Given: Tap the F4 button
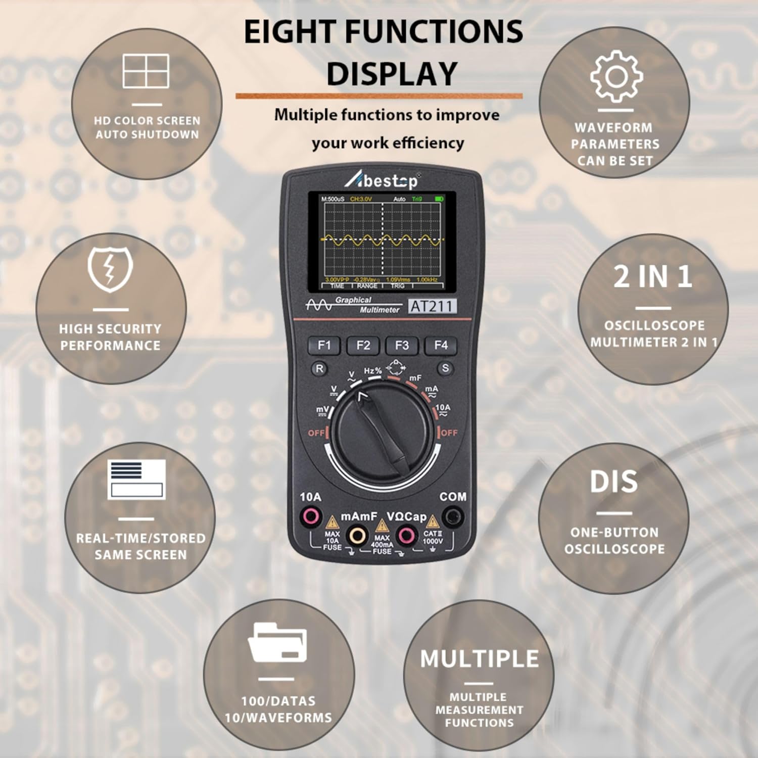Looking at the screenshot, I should [x=441, y=345].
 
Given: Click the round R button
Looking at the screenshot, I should [x=319, y=368].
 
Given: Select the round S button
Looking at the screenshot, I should [x=445, y=368].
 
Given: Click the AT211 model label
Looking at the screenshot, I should [x=432, y=306].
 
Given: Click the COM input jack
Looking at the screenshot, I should [x=453, y=517].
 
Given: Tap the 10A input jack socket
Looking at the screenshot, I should [x=310, y=517].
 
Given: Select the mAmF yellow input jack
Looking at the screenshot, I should [x=358, y=535].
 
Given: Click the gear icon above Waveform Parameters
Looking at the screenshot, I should [x=617, y=77].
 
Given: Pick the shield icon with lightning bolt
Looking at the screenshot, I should [x=110, y=270].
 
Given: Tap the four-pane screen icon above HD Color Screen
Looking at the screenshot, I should [x=146, y=71].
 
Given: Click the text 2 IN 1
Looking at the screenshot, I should [x=653, y=277].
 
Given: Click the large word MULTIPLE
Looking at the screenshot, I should [x=480, y=659].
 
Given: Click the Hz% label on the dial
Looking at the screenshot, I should [x=373, y=371].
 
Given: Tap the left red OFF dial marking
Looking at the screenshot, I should [x=316, y=433].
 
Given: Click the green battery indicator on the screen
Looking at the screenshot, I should [x=439, y=199].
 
